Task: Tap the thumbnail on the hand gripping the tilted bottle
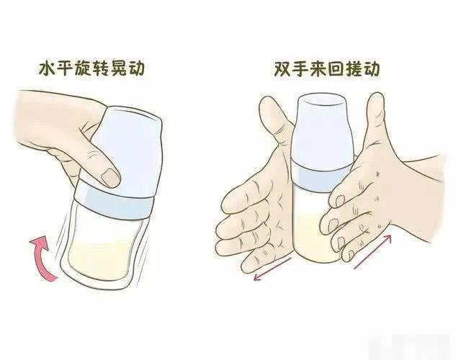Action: [x=110, y=178]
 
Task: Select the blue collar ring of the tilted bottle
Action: [x=114, y=202]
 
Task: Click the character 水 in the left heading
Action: [x=48, y=69]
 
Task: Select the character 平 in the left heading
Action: [x=66, y=69]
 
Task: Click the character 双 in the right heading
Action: [x=282, y=69]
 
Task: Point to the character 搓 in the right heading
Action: [x=353, y=69]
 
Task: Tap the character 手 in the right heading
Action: [x=300, y=69]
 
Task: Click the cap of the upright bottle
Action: [x=322, y=132]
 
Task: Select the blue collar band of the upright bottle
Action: [x=321, y=178]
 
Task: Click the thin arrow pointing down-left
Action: [x=272, y=269]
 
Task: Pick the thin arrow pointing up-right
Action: [x=373, y=251]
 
